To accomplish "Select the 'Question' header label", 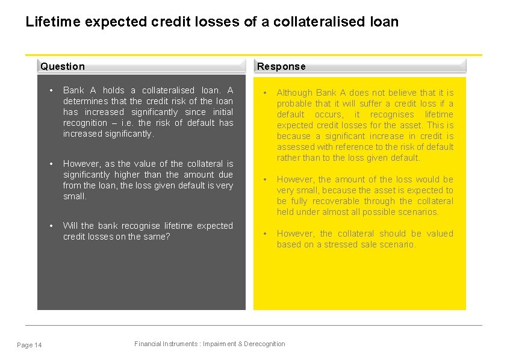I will tap(63, 66).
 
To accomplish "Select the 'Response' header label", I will tap(281, 66).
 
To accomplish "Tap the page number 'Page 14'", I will tap(30, 345).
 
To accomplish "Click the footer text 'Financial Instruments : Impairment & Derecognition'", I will tap(210, 344).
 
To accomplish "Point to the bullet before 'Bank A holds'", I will tap(52, 90).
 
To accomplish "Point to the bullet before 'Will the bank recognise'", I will tap(52, 226).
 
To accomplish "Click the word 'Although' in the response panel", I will tap(294, 93).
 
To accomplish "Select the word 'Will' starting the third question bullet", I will tap(70, 226).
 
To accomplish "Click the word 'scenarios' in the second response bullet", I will tap(420, 212).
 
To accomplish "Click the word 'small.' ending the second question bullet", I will tap(75, 196).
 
